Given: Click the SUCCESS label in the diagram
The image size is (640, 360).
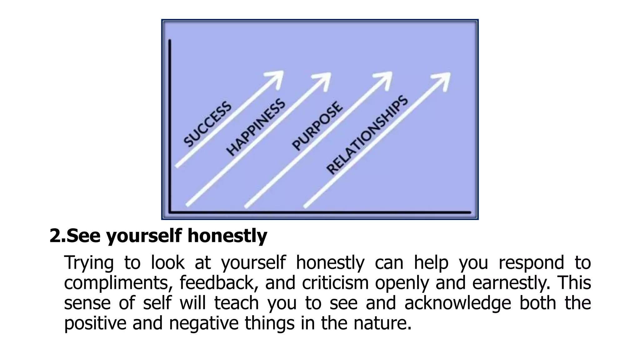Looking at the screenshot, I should [x=207, y=124].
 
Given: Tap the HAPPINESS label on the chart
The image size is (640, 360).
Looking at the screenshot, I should [x=256, y=127].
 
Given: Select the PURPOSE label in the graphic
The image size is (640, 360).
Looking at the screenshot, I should [x=317, y=126].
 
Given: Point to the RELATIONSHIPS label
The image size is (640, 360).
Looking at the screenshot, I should [x=367, y=135].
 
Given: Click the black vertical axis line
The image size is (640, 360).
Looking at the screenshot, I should [x=170, y=125].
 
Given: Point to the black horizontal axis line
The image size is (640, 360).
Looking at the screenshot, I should [x=319, y=212].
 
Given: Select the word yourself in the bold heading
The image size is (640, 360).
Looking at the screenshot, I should [x=144, y=236].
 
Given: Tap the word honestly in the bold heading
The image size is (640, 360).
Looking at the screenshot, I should [x=227, y=236].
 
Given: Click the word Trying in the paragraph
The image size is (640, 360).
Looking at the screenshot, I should [x=89, y=262].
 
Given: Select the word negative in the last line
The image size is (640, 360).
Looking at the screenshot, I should [x=204, y=323].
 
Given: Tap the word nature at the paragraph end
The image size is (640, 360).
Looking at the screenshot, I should [x=382, y=323].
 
